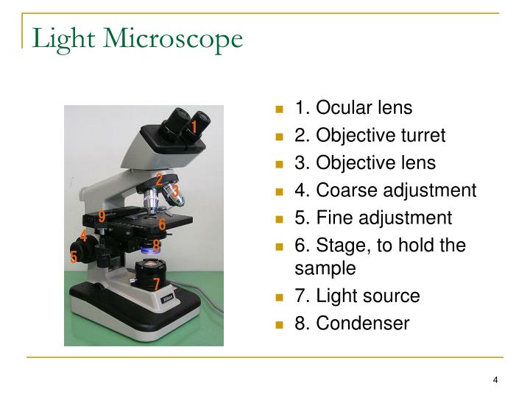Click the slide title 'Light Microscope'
click(137, 39)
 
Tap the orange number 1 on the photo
click(194, 127)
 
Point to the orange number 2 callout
click(159, 179)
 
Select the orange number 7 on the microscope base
click(156, 284)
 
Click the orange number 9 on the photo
click(102, 216)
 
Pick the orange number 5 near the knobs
click(74, 257)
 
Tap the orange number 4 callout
click(84, 236)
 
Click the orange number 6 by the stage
click(162, 225)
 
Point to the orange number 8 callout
click(156, 246)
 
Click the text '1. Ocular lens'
click(353, 108)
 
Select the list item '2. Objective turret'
click(370, 136)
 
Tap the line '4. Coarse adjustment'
click(385, 190)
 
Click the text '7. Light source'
click(357, 296)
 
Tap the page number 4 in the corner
click(495, 379)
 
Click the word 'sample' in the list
click(325, 268)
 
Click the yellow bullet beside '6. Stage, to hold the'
click(280, 246)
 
